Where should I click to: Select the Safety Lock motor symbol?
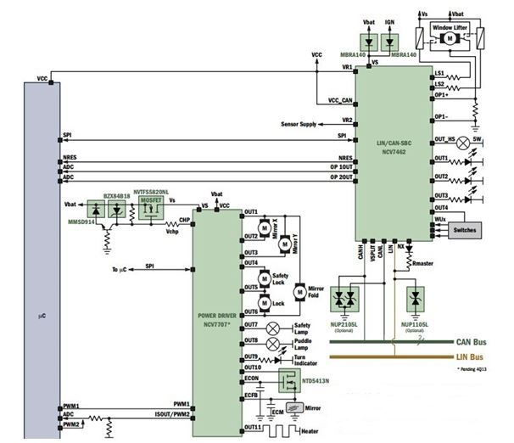tap(265, 278)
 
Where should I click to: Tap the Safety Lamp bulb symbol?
tap(274, 326)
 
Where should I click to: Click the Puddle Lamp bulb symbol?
tap(274, 342)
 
